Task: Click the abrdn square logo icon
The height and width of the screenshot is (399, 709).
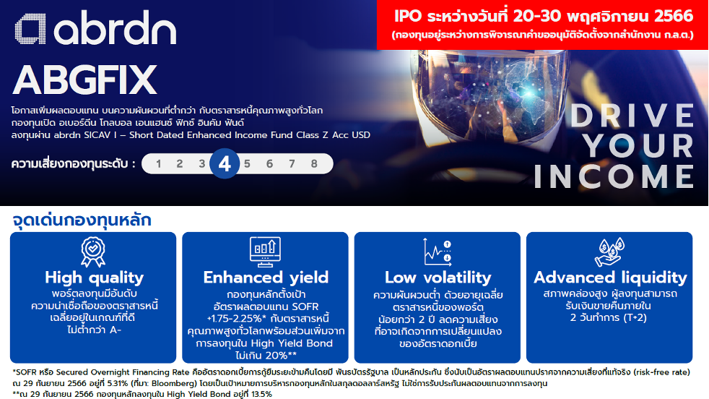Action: (x=30, y=29)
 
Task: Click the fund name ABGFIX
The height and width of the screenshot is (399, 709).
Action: (x=84, y=80)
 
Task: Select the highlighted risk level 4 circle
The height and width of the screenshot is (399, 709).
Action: (x=225, y=163)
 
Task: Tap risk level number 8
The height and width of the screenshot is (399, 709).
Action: (x=314, y=164)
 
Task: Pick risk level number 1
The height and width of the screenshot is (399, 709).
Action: (x=158, y=164)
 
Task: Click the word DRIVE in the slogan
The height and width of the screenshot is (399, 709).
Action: (x=632, y=116)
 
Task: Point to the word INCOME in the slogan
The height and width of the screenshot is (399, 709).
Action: (x=614, y=176)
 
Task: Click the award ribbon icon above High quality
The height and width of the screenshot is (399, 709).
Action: (x=93, y=252)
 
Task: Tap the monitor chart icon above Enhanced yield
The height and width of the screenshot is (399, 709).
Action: (x=265, y=252)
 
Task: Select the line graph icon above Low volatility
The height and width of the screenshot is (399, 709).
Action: (x=438, y=252)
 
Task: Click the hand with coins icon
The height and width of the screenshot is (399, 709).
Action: (x=609, y=252)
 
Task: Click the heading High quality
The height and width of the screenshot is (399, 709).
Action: (x=94, y=277)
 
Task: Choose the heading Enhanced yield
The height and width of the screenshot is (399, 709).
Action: (x=266, y=277)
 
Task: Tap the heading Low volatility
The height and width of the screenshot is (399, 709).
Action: (x=438, y=277)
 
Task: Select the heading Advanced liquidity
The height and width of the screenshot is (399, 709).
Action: (x=610, y=277)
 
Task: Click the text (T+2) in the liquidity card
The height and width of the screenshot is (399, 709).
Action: (x=635, y=317)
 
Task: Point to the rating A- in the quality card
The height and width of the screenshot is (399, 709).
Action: (x=113, y=330)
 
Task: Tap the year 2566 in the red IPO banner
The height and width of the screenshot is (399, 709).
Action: (x=674, y=17)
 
